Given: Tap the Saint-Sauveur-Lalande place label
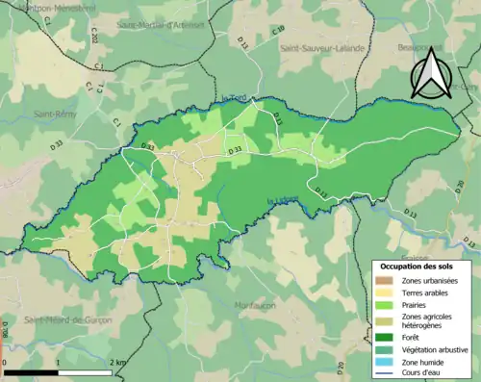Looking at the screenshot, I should (316, 46).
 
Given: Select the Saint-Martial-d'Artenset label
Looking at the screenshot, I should (160, 24).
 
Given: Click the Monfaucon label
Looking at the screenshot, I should (256, 305).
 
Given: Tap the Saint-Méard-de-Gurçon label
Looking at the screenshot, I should (68, 319).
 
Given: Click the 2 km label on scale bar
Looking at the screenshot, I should (116, 363).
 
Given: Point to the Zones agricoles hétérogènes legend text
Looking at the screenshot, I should (432, 321).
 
